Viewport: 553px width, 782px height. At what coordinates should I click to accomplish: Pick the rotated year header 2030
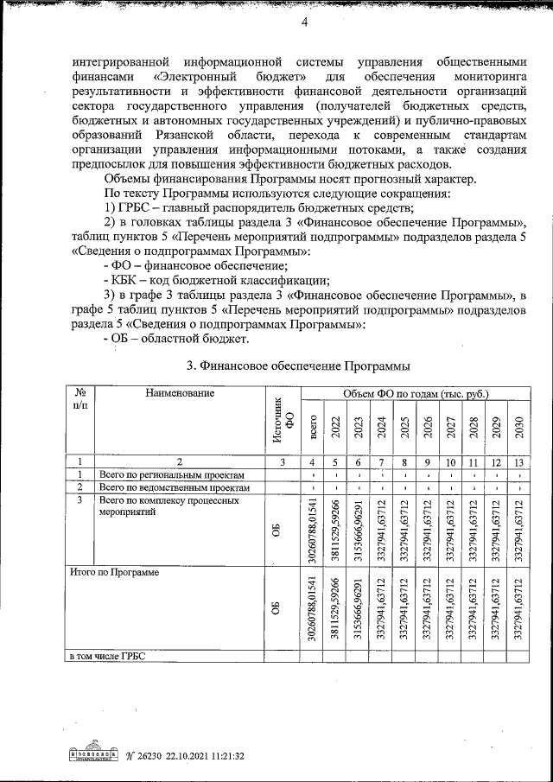pyautogui.click(x=518, y=429)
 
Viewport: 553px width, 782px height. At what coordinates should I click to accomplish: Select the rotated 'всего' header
pyautogui.click(x=312, y=429)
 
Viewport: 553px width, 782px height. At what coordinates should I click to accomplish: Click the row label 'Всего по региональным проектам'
pyautogui.click(x=172, y=474)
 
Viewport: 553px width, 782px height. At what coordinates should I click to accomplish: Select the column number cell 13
pyautogui.click(x=518, y=462)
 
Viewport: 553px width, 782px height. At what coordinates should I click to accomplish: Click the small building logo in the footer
pyautogui.click(x=93, y=754)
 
